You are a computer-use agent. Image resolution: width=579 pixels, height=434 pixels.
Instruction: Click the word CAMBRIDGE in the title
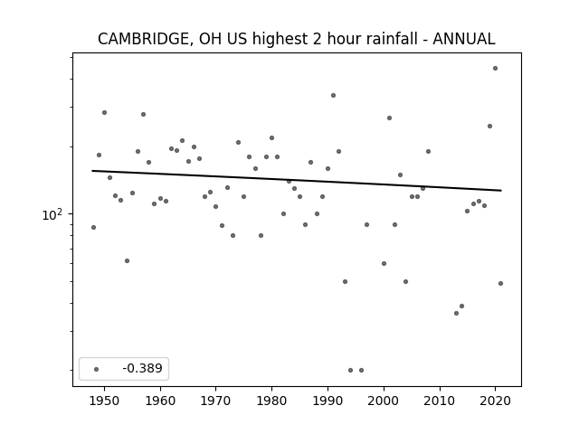click(144, 39)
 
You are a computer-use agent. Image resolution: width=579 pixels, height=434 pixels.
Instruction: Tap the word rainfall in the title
click(394, 39)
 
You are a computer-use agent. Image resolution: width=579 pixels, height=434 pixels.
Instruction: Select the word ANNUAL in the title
click(464, 39)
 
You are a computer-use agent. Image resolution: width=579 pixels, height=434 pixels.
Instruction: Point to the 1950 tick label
click(104, 401)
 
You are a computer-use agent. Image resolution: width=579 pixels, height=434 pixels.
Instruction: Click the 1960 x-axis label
click(160, 401)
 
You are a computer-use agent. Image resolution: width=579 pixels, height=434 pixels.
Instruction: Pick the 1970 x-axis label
click(216, 401)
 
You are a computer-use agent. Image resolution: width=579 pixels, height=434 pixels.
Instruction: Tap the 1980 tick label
click(271, 401)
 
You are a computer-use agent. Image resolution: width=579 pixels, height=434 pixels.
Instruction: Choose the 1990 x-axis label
click(327, 401)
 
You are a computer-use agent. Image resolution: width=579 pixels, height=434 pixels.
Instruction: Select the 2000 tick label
click(384, 401)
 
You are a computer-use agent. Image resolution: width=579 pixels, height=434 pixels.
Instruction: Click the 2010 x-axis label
click(440, 401)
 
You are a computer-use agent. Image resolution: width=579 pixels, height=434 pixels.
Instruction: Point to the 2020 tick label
click(495, 401)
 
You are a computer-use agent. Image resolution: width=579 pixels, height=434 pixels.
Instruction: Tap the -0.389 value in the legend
click(142, 368)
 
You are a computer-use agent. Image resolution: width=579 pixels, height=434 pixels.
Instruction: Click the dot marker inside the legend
click(96, 369)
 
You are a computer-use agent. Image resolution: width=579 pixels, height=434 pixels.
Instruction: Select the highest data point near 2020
click(495, 69)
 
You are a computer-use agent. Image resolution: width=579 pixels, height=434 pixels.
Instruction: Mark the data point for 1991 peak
click(333, 96)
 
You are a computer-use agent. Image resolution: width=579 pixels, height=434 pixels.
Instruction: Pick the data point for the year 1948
click(93, 227)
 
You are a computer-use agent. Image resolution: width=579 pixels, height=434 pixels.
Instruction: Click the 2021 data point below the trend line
click(500, 283)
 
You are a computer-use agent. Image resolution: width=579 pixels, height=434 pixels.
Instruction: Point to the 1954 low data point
click(127, 261)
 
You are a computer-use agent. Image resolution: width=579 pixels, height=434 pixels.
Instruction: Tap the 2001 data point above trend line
click(389, 118)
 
